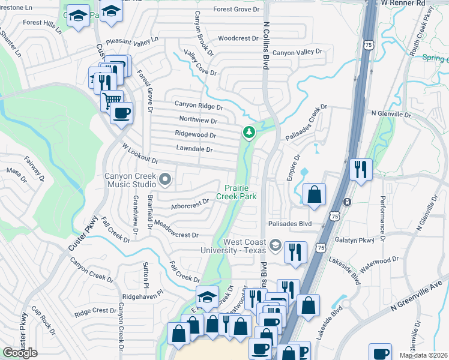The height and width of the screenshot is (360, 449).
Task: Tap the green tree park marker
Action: point(247,131)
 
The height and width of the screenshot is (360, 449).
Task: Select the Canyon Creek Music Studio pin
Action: point(164,179)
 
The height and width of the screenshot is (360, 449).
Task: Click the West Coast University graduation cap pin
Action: point(275,245)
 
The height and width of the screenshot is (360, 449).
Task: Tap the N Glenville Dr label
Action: point(391,113)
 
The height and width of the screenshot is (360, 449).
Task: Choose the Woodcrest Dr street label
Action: point(238,38)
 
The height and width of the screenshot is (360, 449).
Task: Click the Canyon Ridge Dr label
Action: point(199,105)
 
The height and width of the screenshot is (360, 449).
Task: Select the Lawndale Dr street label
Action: point(194,148)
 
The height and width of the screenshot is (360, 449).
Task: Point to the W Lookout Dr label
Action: point(140,154)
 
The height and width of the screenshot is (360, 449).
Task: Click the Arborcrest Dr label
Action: point(189,205)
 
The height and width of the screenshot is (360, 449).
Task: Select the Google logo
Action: point(20,353)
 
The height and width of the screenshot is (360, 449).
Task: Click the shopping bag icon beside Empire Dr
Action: point(314,194)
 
